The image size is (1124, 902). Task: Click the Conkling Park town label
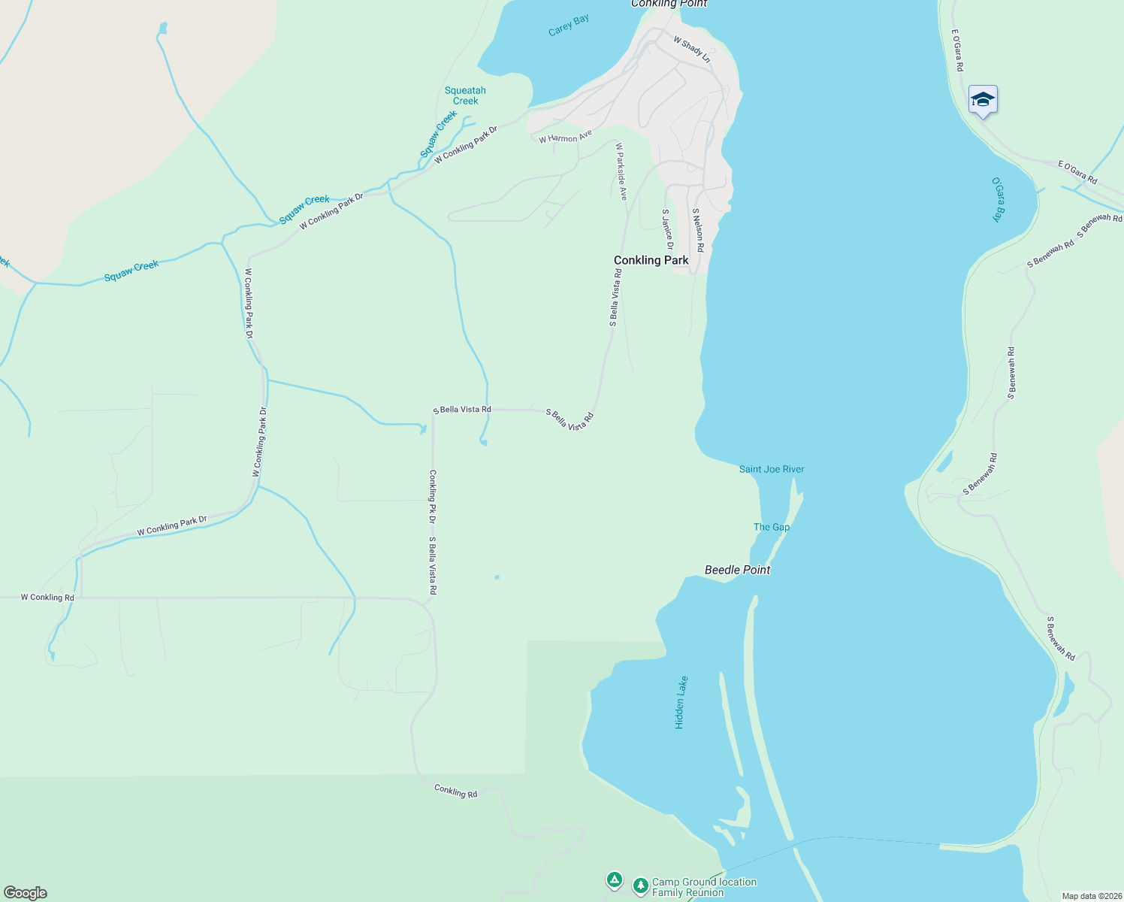point(651,260)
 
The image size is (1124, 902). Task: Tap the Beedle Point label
point(737,570)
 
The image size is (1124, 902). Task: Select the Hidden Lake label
point(681,702)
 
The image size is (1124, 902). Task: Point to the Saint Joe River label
point(772,469)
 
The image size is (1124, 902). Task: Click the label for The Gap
point(771,527)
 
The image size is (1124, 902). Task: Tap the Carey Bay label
point(569,25)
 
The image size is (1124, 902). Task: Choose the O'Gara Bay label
point(997,199)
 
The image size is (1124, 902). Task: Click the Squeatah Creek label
point(465,95)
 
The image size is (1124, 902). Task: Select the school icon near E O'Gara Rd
point(983,100)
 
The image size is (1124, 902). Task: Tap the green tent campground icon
point(615,879)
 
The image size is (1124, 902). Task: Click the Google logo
point(26,893)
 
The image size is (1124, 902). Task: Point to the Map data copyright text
point(1091,896)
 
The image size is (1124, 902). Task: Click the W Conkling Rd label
point(47,598)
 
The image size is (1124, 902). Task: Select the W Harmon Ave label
point(565,137)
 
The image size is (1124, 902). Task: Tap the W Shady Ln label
point(691,49)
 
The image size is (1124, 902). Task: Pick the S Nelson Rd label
point(698,230)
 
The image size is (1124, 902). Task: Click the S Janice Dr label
point(667,229)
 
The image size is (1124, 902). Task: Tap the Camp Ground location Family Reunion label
point(704,887)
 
